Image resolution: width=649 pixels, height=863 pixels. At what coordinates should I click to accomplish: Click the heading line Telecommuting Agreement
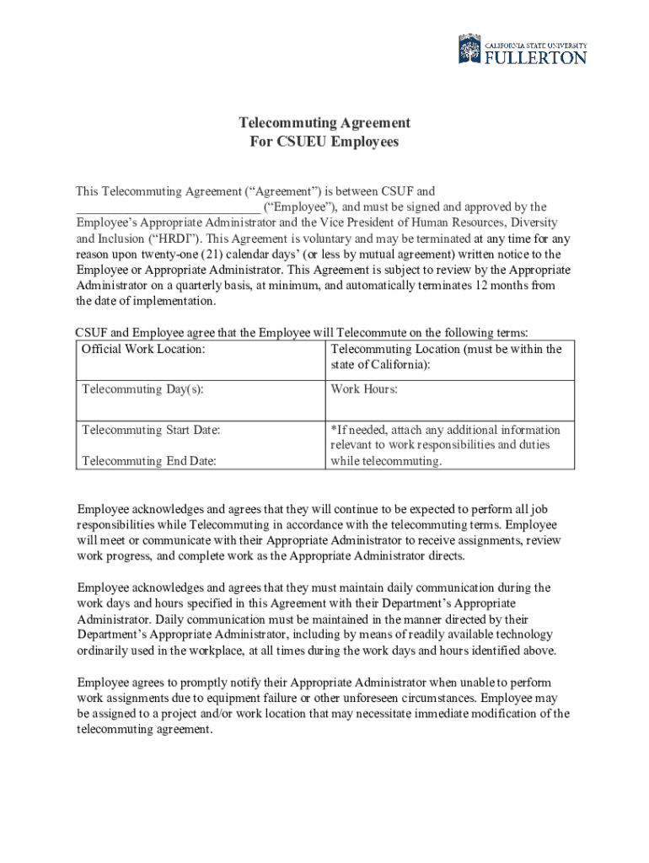point(324,123)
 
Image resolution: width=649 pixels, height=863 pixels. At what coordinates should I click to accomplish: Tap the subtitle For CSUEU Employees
point(324,142)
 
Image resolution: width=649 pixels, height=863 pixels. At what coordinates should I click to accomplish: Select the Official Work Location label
point(143,349)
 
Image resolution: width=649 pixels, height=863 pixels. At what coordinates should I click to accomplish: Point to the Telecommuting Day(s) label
point(142,389)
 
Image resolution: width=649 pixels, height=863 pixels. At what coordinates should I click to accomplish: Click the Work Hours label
point(364,389)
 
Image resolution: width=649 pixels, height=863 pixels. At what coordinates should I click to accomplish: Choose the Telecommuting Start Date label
point(151,430)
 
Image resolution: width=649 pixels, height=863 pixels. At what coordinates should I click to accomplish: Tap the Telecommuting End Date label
point(148,461)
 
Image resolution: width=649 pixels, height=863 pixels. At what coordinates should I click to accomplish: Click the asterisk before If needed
point(334,429)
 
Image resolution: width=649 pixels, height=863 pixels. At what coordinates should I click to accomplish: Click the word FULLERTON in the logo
point(535,57)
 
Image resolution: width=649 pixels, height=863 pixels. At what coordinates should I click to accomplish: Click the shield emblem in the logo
point(469,49)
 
